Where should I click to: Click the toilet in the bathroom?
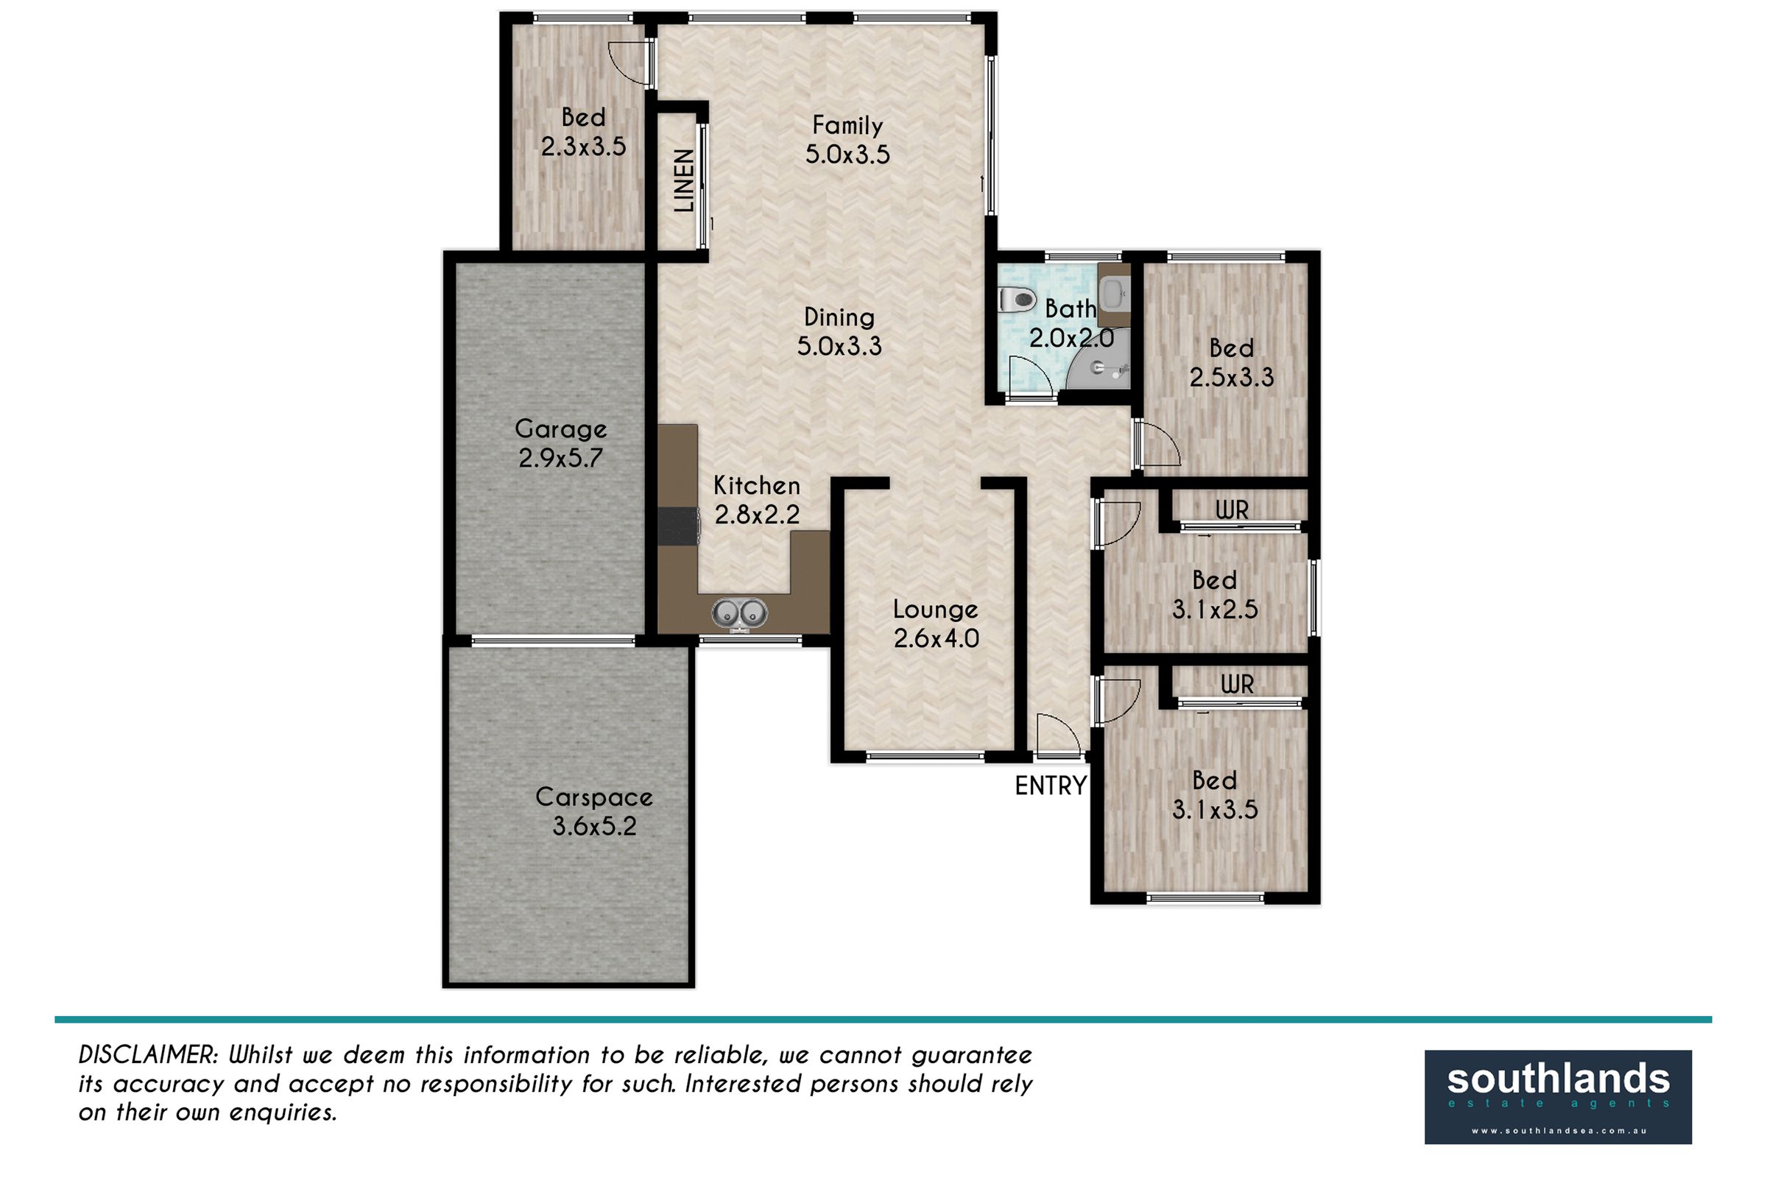1017,300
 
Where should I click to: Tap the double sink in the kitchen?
738,613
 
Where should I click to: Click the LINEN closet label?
684,180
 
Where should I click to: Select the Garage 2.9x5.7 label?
560,443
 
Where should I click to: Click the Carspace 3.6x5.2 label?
594,811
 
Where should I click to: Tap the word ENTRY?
1051,786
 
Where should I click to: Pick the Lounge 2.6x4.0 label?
936,624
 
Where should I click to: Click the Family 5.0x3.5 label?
847,140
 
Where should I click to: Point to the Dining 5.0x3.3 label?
839,331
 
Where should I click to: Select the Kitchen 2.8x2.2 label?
757,500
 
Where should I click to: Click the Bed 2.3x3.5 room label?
583,132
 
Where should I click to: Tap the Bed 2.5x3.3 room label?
1231,362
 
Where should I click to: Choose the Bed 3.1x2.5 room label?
1215,594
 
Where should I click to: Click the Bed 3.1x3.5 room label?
1215,795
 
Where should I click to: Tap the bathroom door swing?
1031,375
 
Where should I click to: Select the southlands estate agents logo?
1558,1097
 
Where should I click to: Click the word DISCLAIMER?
148,1055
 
